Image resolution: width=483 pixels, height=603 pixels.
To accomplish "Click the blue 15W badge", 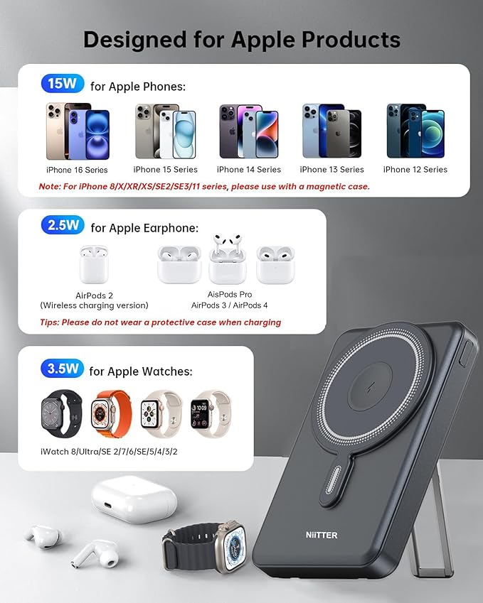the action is coord(63,83).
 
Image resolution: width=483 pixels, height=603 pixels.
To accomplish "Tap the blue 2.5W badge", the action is coord(63,225).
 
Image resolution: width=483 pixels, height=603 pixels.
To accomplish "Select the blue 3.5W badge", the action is coord(62,369).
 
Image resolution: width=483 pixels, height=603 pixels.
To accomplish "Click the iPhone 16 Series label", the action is coord(77,170).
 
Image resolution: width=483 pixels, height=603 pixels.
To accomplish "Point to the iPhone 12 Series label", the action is coord(415,170).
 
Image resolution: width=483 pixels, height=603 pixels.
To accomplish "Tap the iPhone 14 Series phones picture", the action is coord(249,131).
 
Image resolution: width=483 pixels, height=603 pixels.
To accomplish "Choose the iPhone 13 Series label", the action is coord(331,170).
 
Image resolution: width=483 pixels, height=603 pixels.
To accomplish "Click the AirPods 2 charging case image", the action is coord(94,264).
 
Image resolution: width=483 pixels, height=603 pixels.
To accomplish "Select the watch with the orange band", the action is coord(111,414).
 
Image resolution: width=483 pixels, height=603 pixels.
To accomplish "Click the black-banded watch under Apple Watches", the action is coord(62,414).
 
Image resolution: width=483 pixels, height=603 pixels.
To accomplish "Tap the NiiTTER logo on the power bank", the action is coord(322,535).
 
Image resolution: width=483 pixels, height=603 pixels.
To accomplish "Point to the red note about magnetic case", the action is coord(204,187).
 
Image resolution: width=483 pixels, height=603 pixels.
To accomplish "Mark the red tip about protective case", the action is coord(160,322).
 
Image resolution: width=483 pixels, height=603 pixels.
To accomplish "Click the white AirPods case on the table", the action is coord(134,499).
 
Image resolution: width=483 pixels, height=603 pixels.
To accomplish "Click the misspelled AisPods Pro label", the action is coord(230,295).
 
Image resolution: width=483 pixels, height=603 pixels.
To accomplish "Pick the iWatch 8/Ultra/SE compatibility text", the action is coord(109,452).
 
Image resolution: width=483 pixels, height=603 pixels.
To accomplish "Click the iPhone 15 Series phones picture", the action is coord(166,131).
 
